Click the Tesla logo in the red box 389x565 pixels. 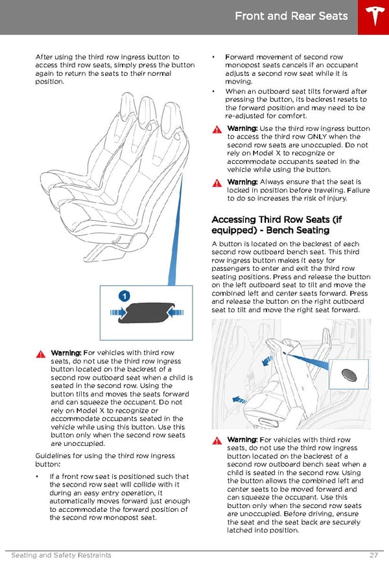click(374, 16)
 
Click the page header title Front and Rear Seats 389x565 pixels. click(291, 16)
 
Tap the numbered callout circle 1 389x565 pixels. click(124, 296)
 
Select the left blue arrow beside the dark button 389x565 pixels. click(118, 312)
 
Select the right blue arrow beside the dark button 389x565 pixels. click(176, 312)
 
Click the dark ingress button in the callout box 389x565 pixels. click(147, 312)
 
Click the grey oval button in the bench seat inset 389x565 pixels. click(349, 375)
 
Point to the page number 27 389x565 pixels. click(373, 555)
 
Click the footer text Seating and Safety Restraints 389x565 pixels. click(61, 555)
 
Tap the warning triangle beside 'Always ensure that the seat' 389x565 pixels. click(217, 183)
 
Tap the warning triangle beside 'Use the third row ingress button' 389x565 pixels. click(217, 130)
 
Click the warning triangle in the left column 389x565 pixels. click(41, 354)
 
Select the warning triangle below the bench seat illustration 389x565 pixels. click(217, 441)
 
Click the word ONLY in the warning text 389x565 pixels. click(317, 137)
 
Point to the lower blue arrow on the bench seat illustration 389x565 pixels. click(239, 400)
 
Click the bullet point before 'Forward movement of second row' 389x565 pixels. click(213, 57)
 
